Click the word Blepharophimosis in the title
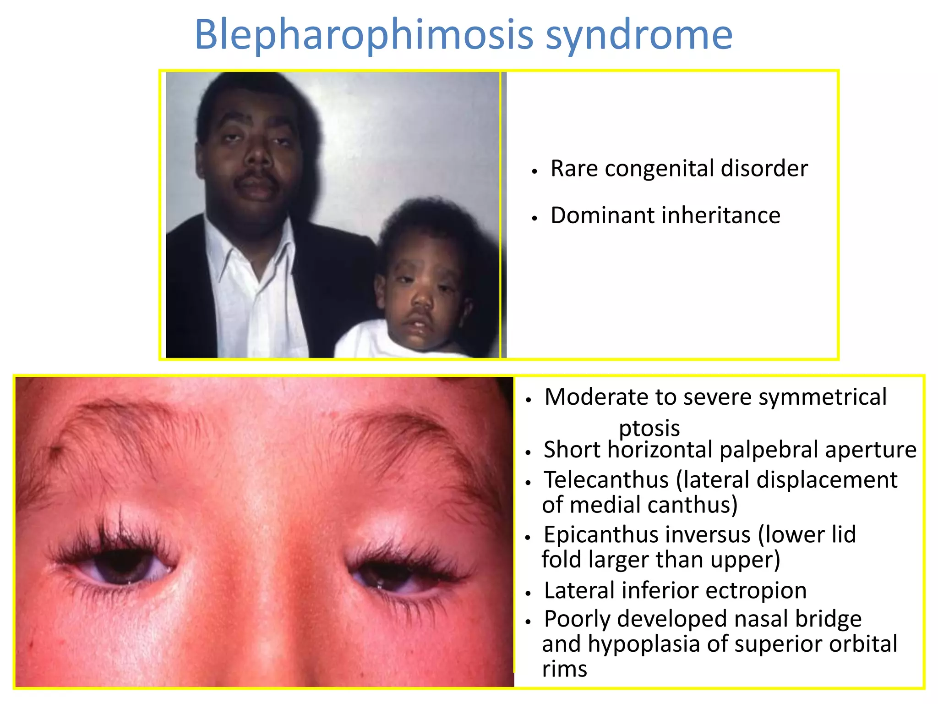coord(364,35)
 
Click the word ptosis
coord(649,428)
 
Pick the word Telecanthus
coord(606,480)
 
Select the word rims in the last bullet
coord(564,669)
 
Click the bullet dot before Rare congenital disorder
coord(534,171)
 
